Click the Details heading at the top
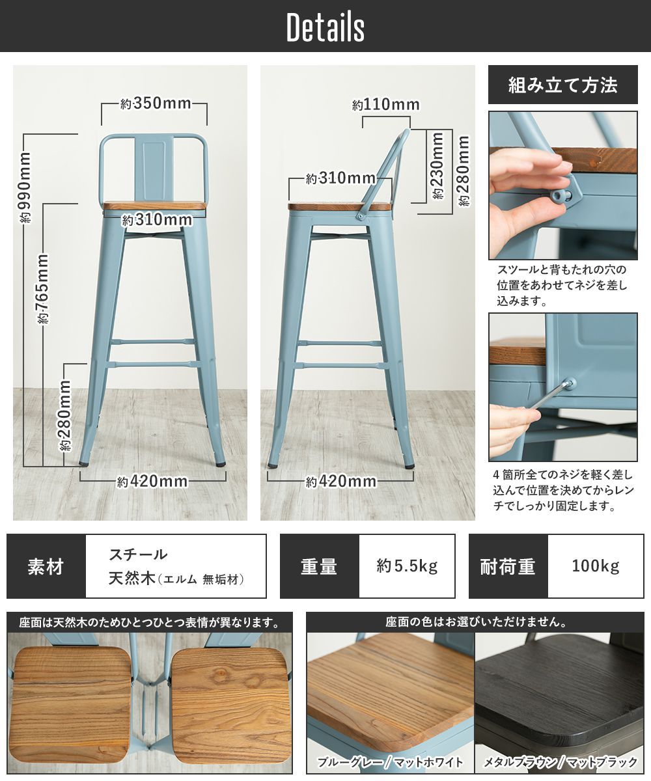point(325,27)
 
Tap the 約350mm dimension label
point(156,103)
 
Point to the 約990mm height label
point(25,187)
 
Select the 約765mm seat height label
point(44,288)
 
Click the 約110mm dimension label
point(386,105)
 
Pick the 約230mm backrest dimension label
point(437,166)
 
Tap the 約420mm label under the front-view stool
point(152,482)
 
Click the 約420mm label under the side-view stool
point(341,482)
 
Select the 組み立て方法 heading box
point(562,85)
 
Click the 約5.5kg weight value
point(407,566)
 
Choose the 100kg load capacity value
point(596,566)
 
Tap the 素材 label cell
point(46,566)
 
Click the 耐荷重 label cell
point(508,566)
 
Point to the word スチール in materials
point(138,555)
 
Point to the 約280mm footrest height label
point(65,416)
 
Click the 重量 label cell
point(319,566)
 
